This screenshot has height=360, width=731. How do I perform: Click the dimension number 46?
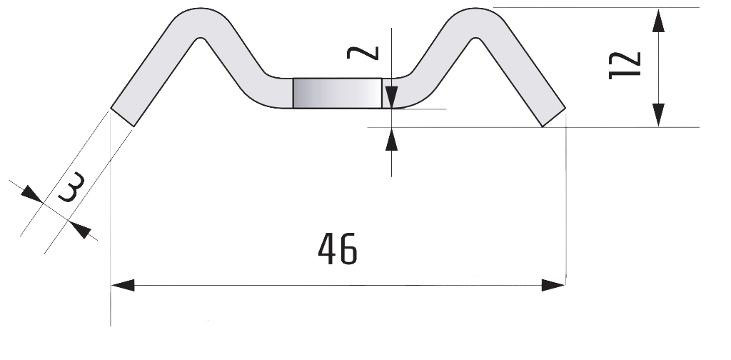click(338, 249)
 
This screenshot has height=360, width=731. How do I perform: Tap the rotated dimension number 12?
click(625, 66)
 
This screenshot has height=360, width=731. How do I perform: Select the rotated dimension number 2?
click(363, 53)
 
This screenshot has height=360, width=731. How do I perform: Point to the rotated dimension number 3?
click(71, 187)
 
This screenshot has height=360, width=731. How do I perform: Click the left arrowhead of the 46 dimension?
click(123, 286)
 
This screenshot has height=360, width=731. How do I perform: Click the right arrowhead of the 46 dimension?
click(553, 286)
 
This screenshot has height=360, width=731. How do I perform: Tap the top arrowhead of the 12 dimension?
click(658, 21)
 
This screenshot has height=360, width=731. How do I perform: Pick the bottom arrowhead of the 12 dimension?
click(658, 115)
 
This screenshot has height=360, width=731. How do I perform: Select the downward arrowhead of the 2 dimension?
click(392, 97)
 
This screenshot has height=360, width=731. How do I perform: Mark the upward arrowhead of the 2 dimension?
click(392, 139)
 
